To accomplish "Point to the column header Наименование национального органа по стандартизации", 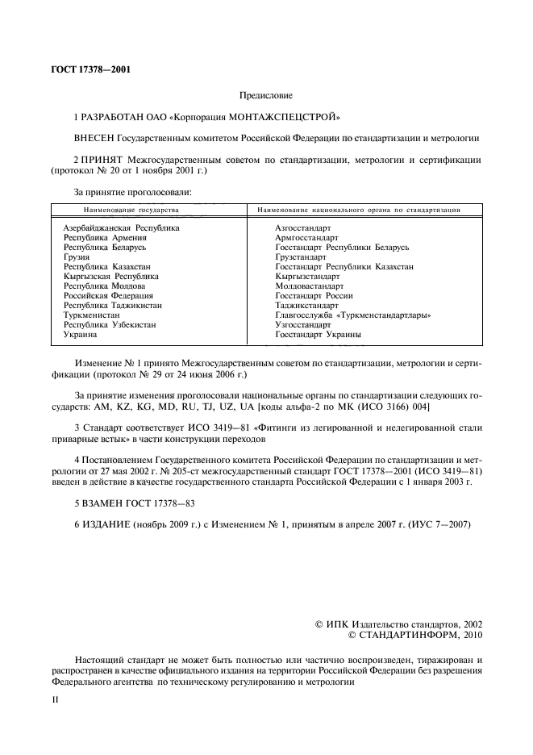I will click(x=358, y=209).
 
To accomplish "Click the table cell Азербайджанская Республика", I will click(x=121, y=227).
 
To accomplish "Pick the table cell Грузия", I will click(x=77, y=257).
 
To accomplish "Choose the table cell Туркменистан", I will click(x=92, y=315).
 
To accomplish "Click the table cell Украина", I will click(x=81, y=334).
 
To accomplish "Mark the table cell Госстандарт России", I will click(x=314, y=295).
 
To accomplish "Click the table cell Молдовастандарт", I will click(x=309, y=286).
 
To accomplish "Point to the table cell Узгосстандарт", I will click(x=303, y=324).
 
